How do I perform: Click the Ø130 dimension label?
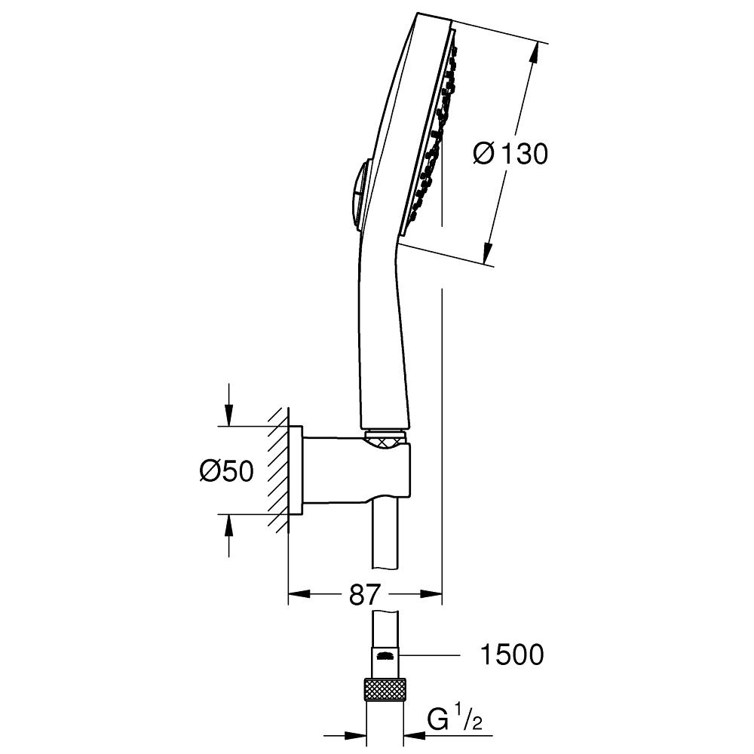pos(510,154)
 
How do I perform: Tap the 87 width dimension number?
pos(364,594)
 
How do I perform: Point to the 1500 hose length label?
pos(512,654)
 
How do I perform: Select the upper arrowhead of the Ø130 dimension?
pos(534,52)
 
